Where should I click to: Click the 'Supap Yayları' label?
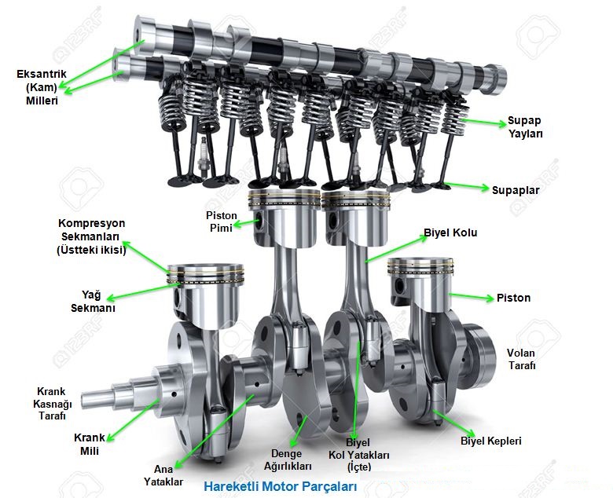pyautogui.click(x=525, y=127)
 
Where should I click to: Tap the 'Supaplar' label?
pyautogui.click(x=516, y=190)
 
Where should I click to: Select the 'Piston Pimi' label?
pyautogui.click(x=222, y=222)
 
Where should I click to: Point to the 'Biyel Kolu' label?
pyautogui.click(x=450, y=233)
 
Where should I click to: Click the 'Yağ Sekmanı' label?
pyautogui.click(x=93, y=301)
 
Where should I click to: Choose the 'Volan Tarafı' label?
pyautogui.click(x=521, y=359)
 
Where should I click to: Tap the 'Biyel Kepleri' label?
pyautogui.click(x=491, y=441)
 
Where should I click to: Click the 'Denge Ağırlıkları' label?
pyautogui.click(x=288, y=460)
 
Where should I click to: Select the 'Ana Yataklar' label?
pyautogui.click(x=163, y=475)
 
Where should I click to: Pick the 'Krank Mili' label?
pyautogui.click(x=90, y=444)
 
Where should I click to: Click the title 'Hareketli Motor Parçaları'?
pyautogui.click(x=281, y=487)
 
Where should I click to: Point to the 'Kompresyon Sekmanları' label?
pyautogui.click(x=91, y=236)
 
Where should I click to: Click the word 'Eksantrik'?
pyautogui.click(x=42, y=74)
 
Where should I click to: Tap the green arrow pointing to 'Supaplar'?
pyautogui.click(x=467, y=186)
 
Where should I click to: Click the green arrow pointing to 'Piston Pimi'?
pyautogui.click(x=246, y=224)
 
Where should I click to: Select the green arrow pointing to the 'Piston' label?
pyautogui.click(x=471, y=296)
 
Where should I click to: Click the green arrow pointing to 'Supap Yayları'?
pyautogui.click(x=483, y=122)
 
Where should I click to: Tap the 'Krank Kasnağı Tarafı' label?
pyautogui.click(x=52, y=404)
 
